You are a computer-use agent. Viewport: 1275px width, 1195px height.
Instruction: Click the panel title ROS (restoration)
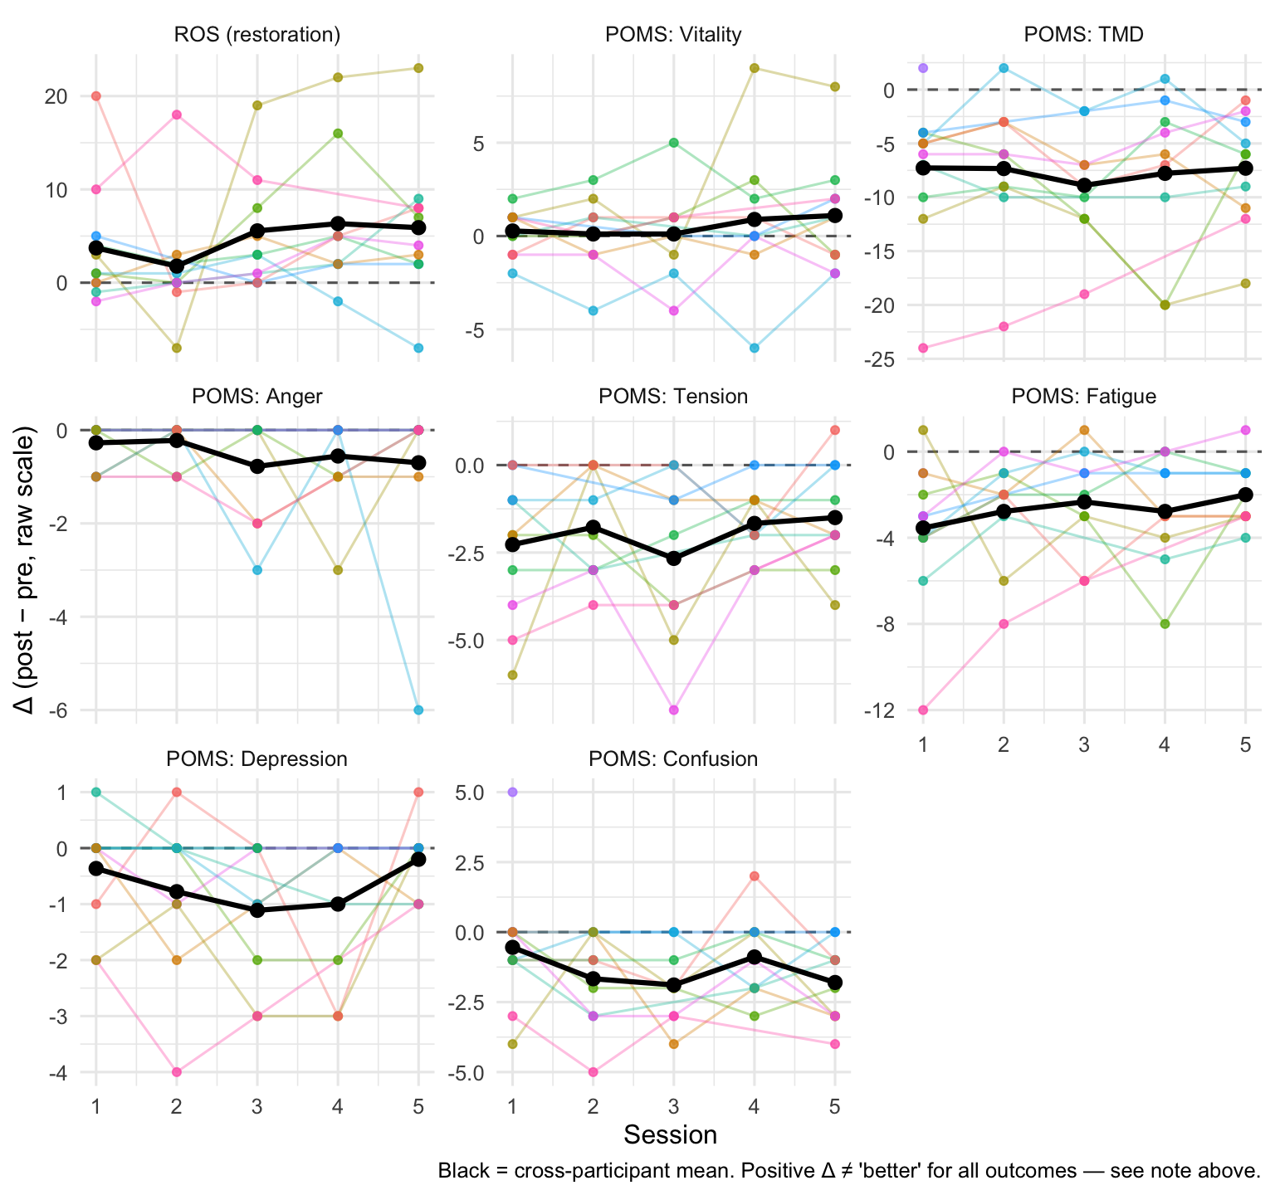257,34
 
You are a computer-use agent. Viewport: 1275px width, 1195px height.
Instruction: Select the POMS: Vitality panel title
673,34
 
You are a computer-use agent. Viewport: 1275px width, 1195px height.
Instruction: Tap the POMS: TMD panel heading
1084,34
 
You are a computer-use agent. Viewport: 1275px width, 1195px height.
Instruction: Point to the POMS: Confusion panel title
673,758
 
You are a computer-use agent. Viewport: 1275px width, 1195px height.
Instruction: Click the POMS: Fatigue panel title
1084,396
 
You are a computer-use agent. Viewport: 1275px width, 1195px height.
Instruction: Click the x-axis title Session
670,1134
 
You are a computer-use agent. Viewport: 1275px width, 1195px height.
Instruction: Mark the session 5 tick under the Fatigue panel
1245,744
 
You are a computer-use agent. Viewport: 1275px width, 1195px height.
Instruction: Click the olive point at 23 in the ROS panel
418,68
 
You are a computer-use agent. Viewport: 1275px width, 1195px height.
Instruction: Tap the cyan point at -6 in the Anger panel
418,710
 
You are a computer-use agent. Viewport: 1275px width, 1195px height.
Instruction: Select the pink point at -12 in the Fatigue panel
923,710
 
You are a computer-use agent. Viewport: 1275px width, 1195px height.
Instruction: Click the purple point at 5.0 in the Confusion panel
512,792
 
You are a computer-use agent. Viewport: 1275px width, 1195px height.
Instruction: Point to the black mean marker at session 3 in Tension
674,558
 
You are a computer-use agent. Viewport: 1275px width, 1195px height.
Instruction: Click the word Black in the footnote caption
461,1172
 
